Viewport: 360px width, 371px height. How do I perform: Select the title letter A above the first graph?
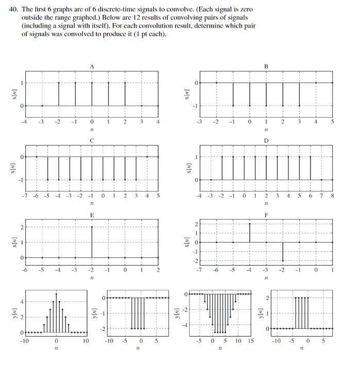pos(92,66)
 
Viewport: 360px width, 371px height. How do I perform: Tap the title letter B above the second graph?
pos(266,66)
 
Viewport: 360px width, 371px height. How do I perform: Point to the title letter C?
pos(92,139)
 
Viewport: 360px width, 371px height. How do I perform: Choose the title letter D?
pos(266,139)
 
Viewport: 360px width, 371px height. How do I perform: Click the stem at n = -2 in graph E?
pos(92,242)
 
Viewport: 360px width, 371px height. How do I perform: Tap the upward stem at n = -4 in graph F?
pos(250,233)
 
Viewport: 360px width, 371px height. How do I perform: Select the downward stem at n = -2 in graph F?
pos(283,252)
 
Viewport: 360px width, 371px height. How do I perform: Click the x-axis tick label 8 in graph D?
pos(333,196)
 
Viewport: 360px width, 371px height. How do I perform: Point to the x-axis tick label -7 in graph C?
pos(25,196)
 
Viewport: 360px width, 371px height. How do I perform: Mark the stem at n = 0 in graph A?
pos(92,94)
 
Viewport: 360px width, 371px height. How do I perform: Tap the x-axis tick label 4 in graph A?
pos(158,122)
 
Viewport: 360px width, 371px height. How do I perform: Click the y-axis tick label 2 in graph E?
pos(21,227)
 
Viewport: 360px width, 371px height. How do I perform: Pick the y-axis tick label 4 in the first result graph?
pos(21,301)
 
